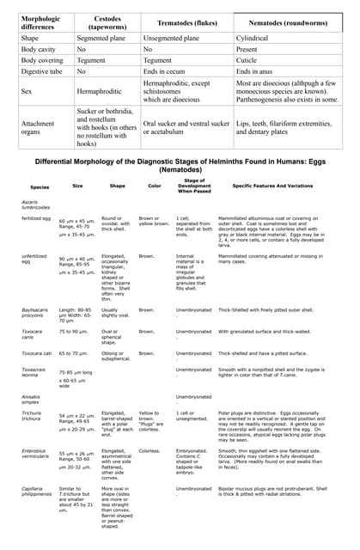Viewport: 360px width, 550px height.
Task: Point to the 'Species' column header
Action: point(40,186)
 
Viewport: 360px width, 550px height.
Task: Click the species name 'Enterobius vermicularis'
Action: point(37,454)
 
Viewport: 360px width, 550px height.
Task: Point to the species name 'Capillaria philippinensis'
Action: point(39,492)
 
